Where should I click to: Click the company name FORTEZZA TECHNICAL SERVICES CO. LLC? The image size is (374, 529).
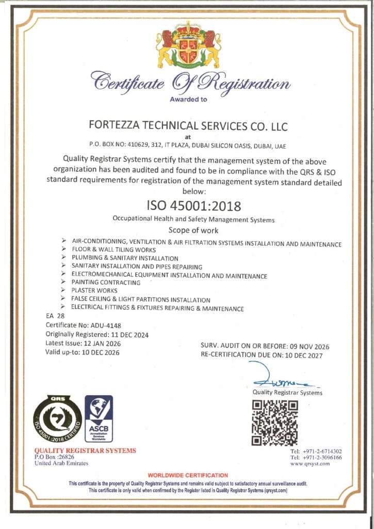(188, 126)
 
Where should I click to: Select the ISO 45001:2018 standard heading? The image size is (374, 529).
(194, 206)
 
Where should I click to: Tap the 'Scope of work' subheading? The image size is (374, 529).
(193, 230)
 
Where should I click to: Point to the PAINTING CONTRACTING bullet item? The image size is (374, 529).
(106, 283)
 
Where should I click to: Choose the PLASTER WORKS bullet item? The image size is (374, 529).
(94, 291)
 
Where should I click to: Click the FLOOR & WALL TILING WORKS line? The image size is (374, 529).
(110, 250)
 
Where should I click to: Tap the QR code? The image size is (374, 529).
(275, 423)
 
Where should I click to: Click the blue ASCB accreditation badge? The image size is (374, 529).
(98, 418)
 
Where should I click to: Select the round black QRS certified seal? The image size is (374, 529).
(57, 419)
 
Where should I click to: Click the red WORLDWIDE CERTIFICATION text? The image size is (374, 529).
(188, 475)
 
